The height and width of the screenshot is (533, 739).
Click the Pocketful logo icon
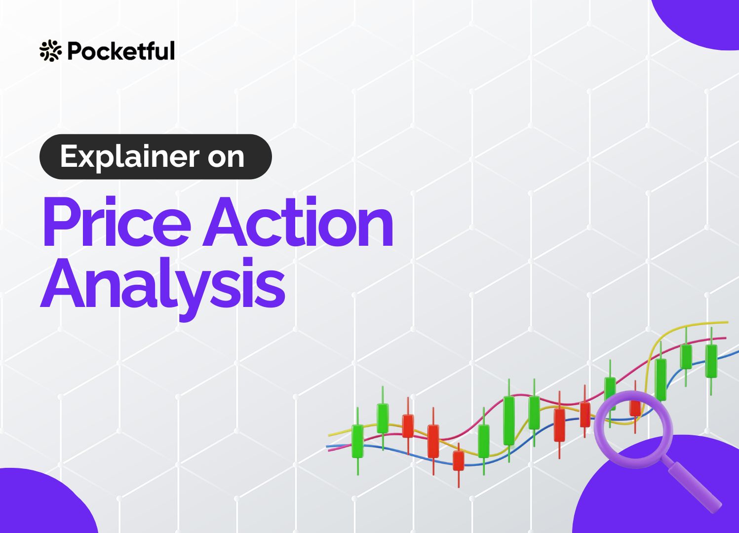point(50,50)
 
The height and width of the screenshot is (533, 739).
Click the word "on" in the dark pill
point(226,158)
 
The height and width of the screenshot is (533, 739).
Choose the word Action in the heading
point(298,221)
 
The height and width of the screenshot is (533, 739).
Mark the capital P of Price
point(63,222)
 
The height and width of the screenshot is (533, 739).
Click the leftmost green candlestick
point(357,441)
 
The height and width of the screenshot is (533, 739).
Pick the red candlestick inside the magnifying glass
point(635,407)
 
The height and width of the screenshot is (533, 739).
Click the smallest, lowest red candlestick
point(458,460)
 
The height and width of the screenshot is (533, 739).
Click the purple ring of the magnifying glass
point(596,429)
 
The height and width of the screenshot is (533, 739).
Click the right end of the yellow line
point(728,322)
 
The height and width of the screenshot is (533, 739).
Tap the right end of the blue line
point(739,352)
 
